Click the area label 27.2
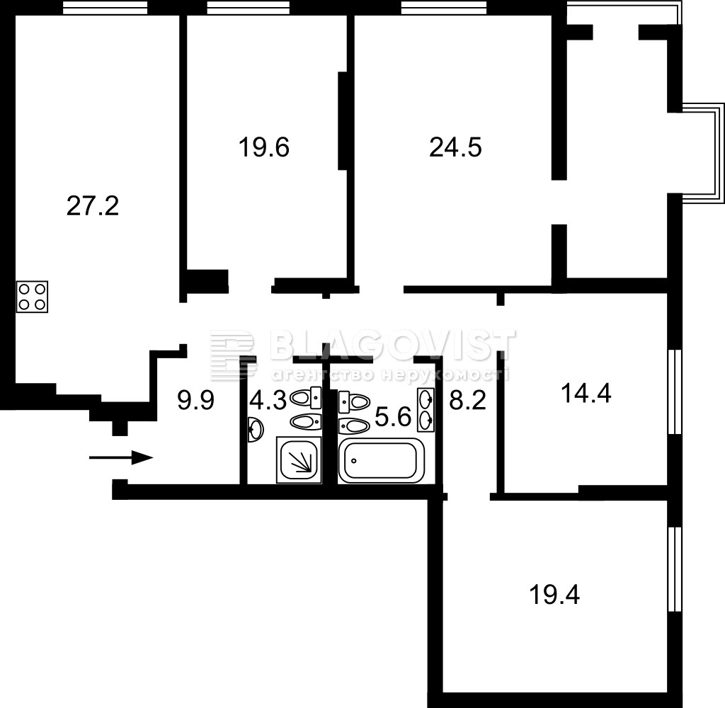click(x=93, y=206)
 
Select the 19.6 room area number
click(x=264, y=148)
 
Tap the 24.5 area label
click(x=455, y=148)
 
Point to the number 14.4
click(x=586, y=394)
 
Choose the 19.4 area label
click(x=554, y=595)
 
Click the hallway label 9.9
click(x=195, y=401)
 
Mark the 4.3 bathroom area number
click(x=268, y=401)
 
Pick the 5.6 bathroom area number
click(x=393, y=418)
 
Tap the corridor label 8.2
click(x=468, y=401)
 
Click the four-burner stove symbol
click(x=33, y=297)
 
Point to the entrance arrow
click(x=120, y=458)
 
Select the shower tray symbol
click(x=299, y=459)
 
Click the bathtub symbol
click(x=382, y=461)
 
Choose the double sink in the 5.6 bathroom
click(x=426, y=410)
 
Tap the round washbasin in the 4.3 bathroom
click(x=255, y=429)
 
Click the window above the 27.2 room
click(x=105, y=7)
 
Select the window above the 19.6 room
click(x=249, y=7)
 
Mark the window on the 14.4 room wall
click(x=675, y=392)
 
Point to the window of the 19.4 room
click(x=675, y=569)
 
